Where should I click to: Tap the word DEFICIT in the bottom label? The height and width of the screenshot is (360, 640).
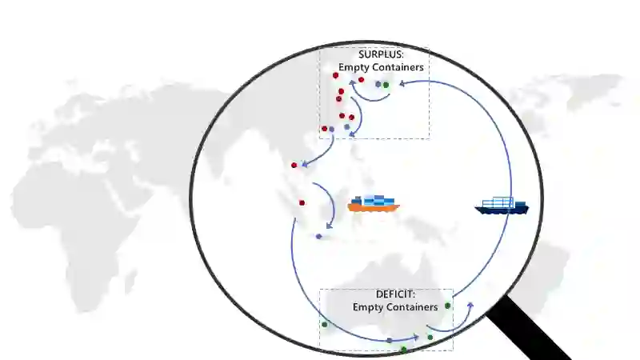click(x=395, y=294)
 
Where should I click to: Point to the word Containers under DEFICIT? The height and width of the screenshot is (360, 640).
click(x=411, y=306)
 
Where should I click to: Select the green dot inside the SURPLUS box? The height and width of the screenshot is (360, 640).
click(x=386, y=84)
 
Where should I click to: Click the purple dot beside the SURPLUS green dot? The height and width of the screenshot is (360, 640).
click(x=378, y=84)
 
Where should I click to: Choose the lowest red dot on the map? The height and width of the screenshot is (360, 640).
click(x=302, y=202)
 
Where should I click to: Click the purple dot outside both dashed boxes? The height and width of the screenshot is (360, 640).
click(x=318, y=236)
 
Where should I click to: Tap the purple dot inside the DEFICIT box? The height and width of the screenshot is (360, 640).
click(x=389, y=341)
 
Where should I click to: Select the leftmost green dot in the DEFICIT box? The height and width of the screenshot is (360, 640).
click(x=324, y=324)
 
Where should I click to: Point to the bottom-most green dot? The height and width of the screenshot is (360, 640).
click(x=403, y=350)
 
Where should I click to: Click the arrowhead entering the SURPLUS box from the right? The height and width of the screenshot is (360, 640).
click(x=400, y=82)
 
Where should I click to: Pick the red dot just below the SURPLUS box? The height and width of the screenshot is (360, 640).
click(x=294, y=166)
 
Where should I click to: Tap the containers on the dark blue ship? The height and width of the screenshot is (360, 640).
click(x=503, y=202)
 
